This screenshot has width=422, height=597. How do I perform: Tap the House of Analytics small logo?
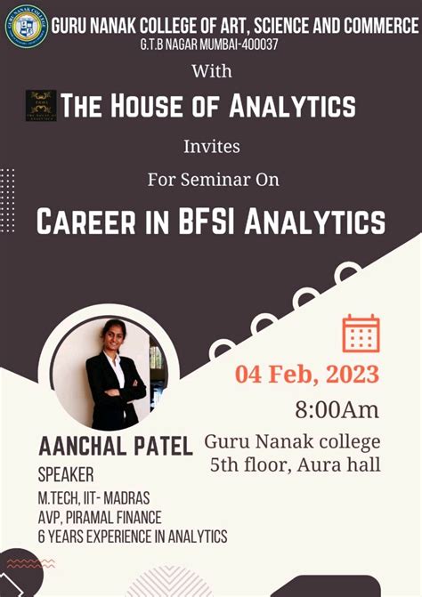click(x=41, y=106)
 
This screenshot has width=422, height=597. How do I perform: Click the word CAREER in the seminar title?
click(x=89, y=220)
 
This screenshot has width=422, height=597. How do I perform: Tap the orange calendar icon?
click(x=361, y=333)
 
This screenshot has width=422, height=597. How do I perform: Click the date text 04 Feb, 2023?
click(x=307, y=374)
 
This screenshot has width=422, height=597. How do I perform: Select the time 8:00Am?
click(x=337, y=410)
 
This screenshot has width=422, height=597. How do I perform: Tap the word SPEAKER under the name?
click(x=65, y=474)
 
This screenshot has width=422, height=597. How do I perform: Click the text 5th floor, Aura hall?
click(x=295, y=464)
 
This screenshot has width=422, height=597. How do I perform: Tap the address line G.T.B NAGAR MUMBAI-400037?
click(x=210, y=44)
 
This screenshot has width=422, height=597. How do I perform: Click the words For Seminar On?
click(x=213, y=179)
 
